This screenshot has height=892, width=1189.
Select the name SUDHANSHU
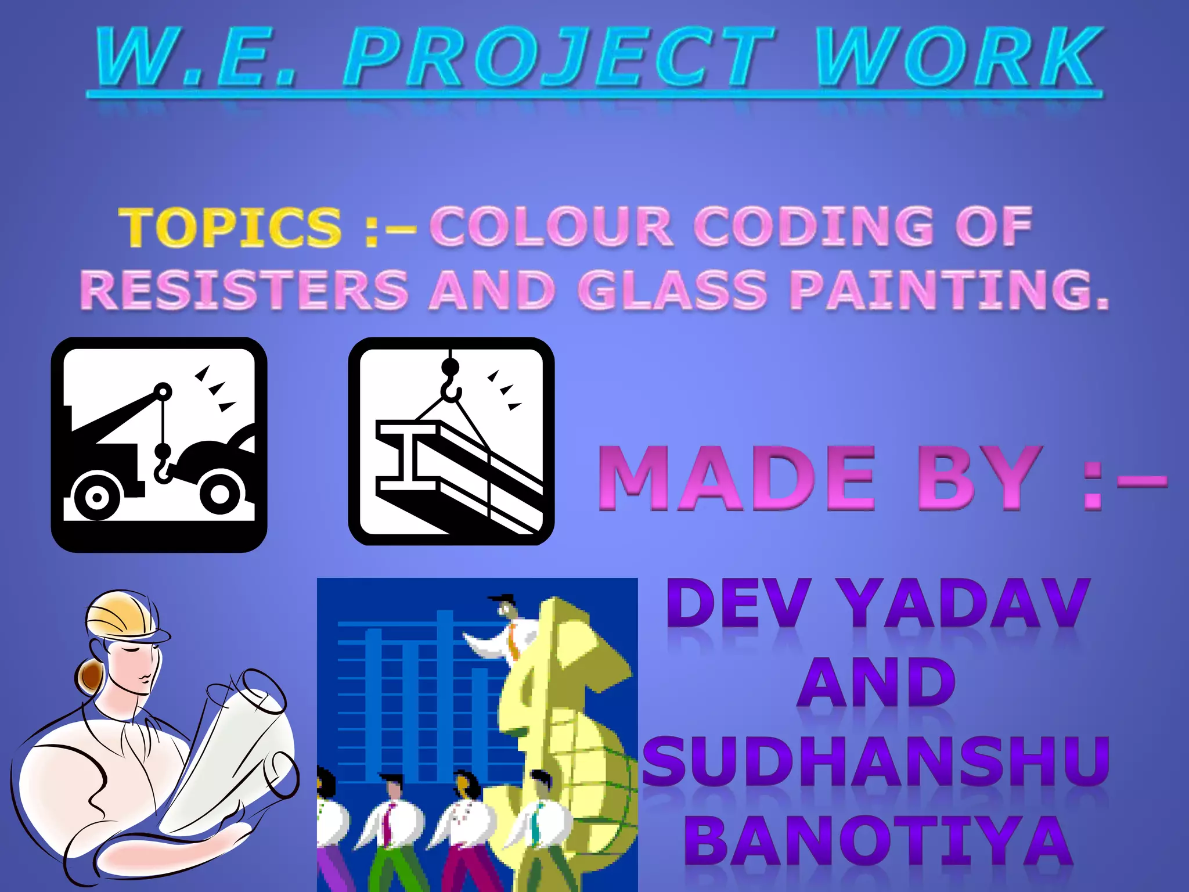coord(877,761)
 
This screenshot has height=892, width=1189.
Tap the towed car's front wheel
coord(221,494)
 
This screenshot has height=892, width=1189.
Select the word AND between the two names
coord(877,683)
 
